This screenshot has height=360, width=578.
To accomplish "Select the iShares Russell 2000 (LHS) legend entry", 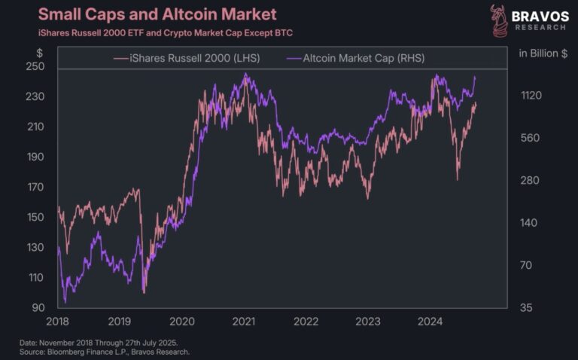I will pos(186,58).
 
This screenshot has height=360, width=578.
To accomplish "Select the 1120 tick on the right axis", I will pos(531,96).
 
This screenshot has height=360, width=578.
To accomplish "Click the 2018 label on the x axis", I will pos(58,322).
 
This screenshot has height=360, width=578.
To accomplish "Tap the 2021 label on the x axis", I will pos(243,322).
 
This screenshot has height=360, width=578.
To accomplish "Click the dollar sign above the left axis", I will pos(39,52).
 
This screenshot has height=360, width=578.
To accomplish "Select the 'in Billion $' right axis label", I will pos(543,53).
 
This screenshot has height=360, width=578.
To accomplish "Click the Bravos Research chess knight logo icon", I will pos(497,21).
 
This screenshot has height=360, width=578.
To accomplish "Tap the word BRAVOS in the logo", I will pos(540,16).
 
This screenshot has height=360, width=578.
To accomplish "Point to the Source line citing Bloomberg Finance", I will pos(105,352).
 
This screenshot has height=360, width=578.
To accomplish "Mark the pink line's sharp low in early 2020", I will pos(143,292).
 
